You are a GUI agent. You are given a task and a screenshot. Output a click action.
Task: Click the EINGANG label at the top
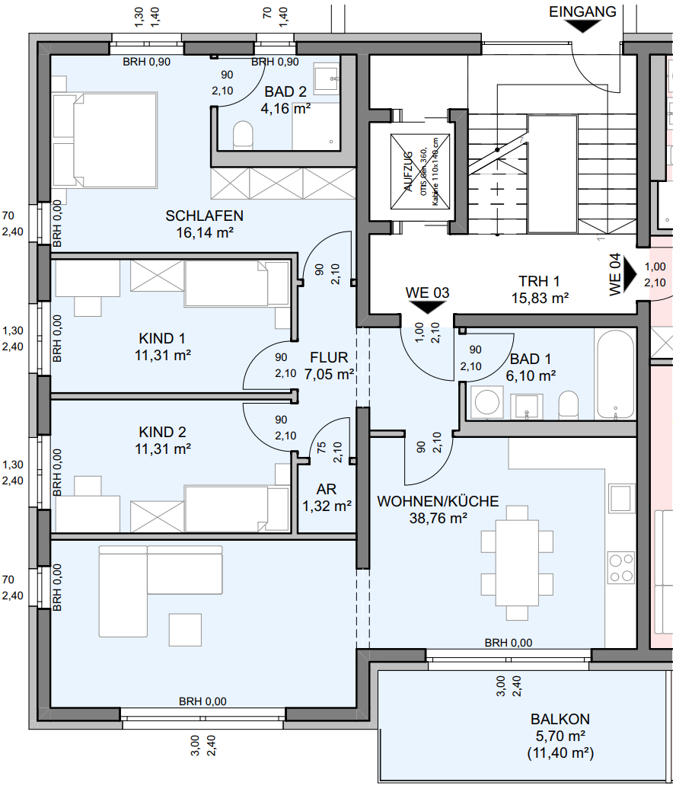(x=582, y=11)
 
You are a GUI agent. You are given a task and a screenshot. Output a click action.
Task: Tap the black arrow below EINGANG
(x=582, y=26)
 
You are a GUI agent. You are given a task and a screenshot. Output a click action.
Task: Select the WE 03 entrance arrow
(x=427, y=306)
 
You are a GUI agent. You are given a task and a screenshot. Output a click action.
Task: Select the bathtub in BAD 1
(x=615, y=375)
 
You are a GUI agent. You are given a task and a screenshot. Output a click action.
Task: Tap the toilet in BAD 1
(x=569, y=404)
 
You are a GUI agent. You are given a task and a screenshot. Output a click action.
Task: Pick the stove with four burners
(x=621, y=567)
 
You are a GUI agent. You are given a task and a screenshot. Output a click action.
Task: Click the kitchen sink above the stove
(x=622, y=499)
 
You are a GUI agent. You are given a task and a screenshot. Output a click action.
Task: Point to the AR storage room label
(x=327, y=489)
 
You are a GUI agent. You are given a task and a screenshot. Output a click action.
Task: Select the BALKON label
(x=560, y=719)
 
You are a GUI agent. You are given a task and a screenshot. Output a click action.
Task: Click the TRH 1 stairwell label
(x=540, y=281)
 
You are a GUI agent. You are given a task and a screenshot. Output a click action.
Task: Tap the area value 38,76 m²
(x=438, y=518)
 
